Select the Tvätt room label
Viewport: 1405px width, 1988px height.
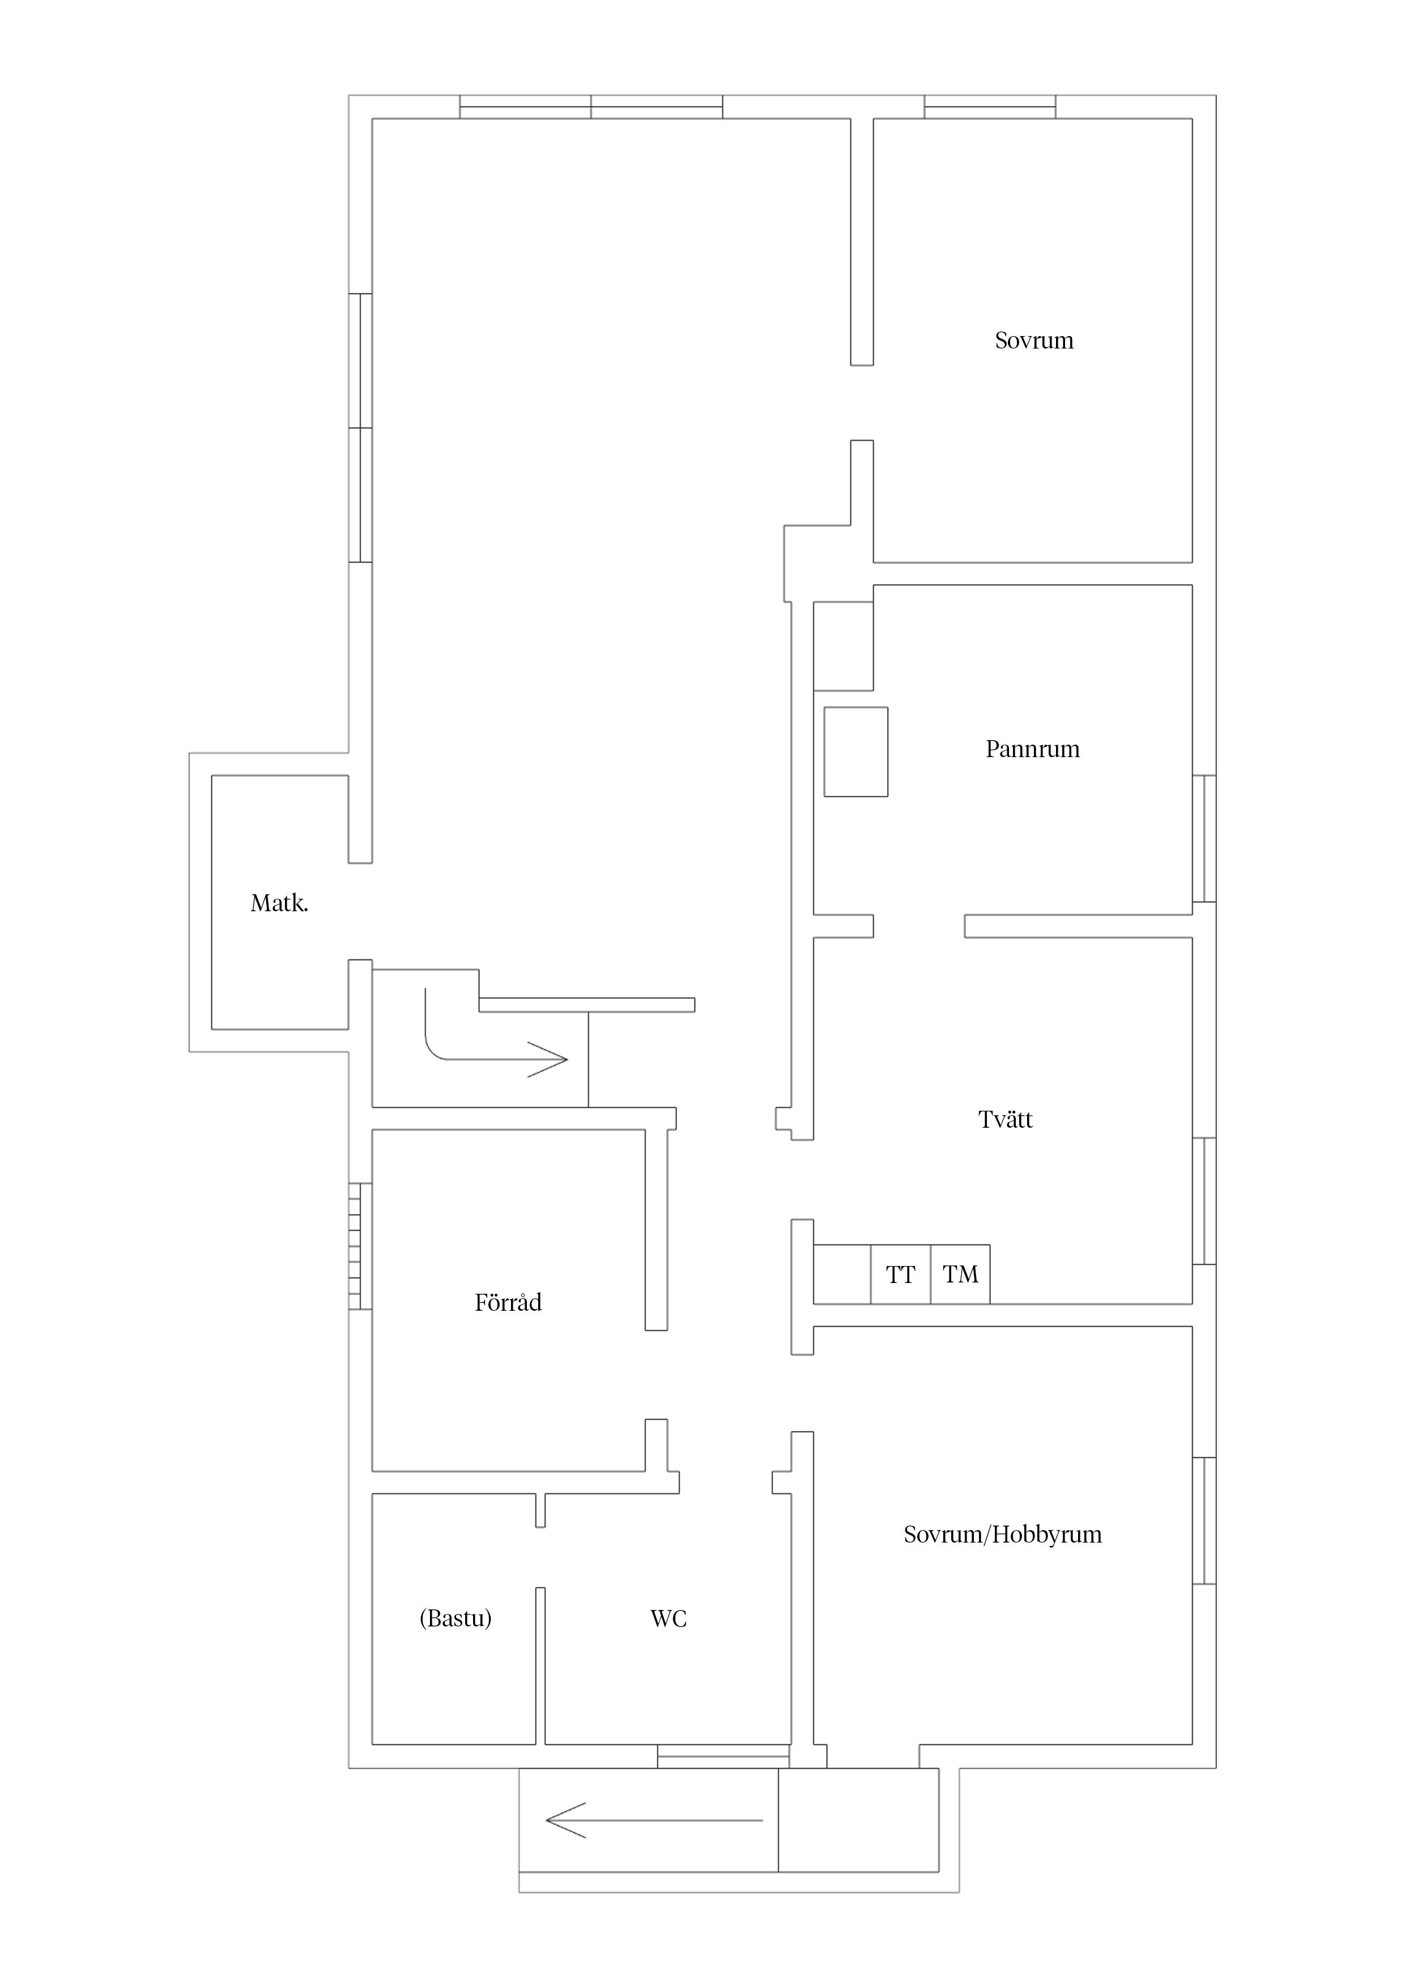[x=1005, y=1120]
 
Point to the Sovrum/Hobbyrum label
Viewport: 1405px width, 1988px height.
[x=1002, y=1534]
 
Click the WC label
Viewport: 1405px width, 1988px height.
[x=669, y=1619]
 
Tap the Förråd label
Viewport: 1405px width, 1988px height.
[x=508, y=1302]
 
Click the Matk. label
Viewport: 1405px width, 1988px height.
[x=279, y=903]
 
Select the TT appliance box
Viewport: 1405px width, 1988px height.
[x=900, y=1275]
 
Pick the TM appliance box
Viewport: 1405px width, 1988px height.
[x=960, y=1275]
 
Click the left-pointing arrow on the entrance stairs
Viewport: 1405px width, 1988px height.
[x=654, y=1820]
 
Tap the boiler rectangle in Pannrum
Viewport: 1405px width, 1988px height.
[x=855, y=751]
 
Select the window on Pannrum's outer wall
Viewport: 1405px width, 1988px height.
[x=1204, y=838]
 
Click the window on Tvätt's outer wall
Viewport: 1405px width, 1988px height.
[x=1204, y=1201]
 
